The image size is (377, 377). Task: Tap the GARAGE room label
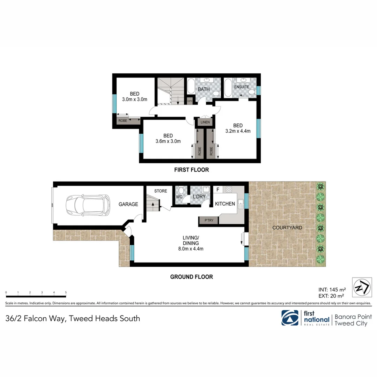128,204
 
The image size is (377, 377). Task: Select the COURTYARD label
287,228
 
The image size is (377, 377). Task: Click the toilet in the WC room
181,191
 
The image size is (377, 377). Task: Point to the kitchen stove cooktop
229,190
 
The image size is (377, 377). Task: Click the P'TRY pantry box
209,220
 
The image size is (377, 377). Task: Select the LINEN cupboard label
205,122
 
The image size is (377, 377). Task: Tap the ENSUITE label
242,87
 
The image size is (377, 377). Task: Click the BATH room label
204,89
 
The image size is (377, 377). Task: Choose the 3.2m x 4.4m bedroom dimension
238,132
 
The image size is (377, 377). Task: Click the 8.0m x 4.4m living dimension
190,249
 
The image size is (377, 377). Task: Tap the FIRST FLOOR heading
191,170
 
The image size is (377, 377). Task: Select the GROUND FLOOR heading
191,277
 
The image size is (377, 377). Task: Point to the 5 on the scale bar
66,293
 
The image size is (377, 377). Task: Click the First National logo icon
290,318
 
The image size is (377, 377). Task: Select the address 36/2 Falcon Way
73,318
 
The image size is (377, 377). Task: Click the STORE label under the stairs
161,191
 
